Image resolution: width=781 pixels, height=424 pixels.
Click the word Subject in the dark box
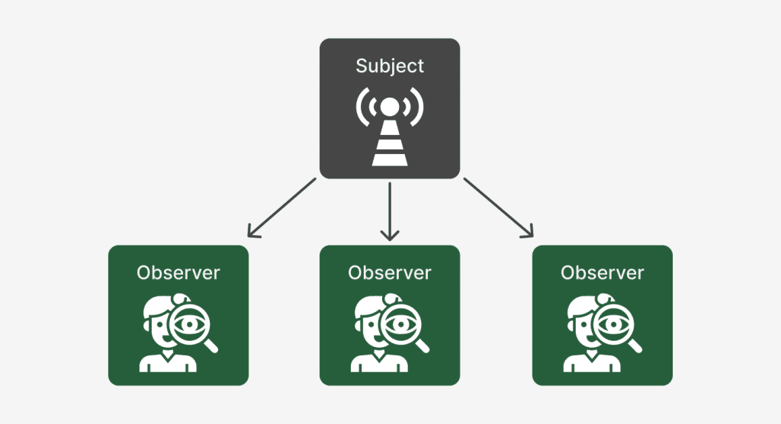click(389, 66)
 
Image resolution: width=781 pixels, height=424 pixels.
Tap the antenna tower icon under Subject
click(389, 130)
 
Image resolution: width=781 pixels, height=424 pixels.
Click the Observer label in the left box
click(178, 272)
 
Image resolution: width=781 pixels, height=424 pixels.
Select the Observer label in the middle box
click(390, 272)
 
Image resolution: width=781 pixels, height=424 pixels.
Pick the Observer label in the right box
click(602, 272)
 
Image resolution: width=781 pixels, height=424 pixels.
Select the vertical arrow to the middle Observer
click(390, 211)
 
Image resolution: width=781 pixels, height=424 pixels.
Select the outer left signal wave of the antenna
click(360, 109)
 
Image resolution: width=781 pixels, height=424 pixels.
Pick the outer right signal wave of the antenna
click(419, 109)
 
